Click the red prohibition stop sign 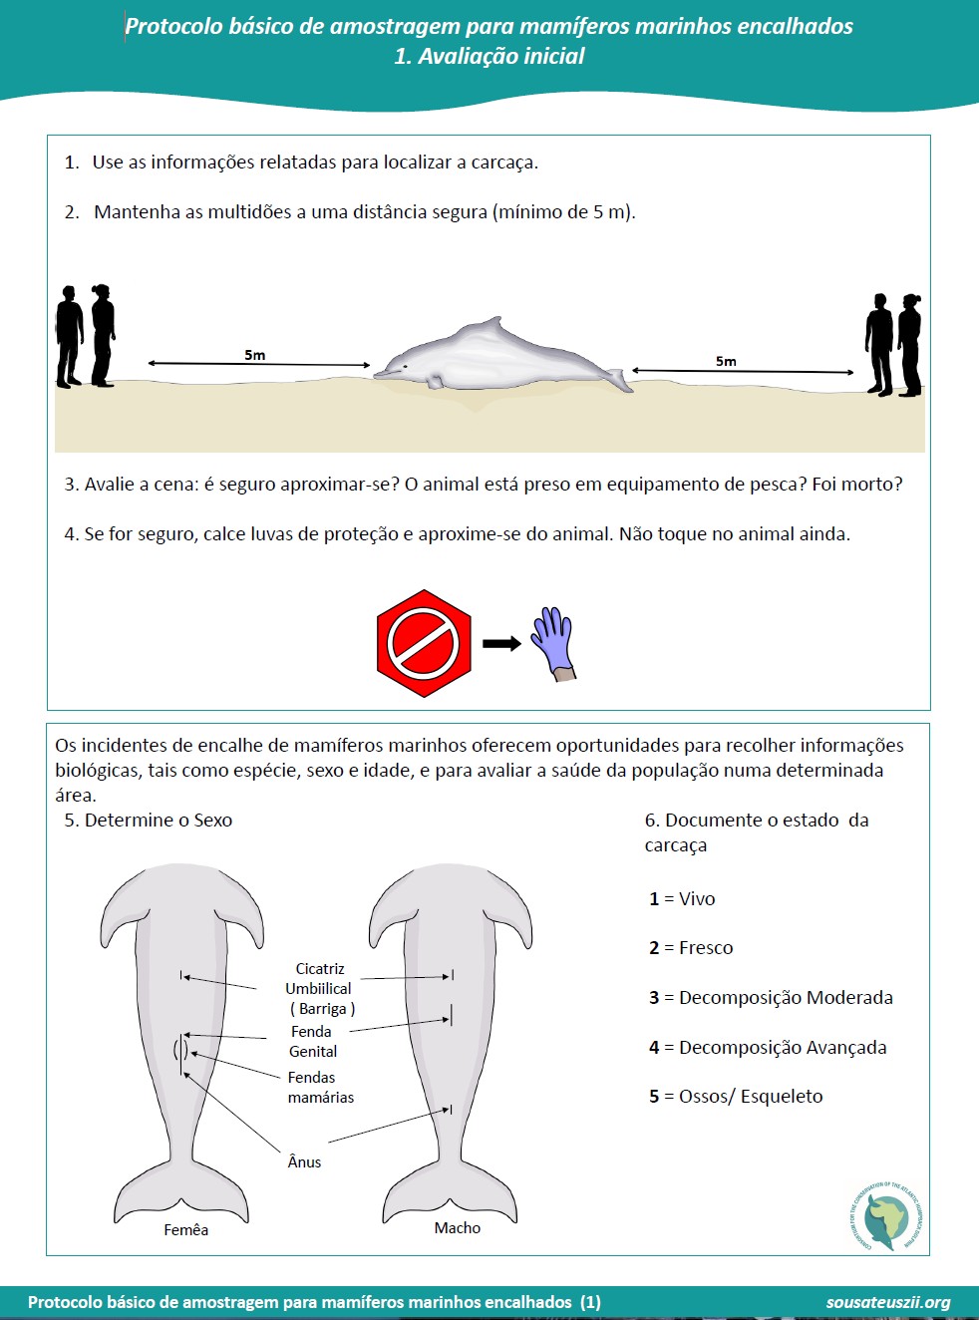point(424,643)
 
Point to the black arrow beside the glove point(501,643)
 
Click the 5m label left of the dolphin point(255,355)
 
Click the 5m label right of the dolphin point(726,361)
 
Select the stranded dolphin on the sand point(498,359)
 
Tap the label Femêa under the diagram point(186,1230)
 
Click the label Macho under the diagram point(458,1228)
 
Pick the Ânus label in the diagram point(304,1161)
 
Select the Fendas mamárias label point(320,1088)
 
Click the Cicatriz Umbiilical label point(319,988)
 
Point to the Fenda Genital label point(313,1042)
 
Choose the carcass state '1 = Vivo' point(682,899)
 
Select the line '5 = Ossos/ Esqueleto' point(736,1097)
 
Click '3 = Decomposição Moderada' point(771,998)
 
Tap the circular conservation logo point(886,1217)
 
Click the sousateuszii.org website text point(887,1302)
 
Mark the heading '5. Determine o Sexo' point(149,821)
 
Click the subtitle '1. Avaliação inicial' point(489,56)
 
